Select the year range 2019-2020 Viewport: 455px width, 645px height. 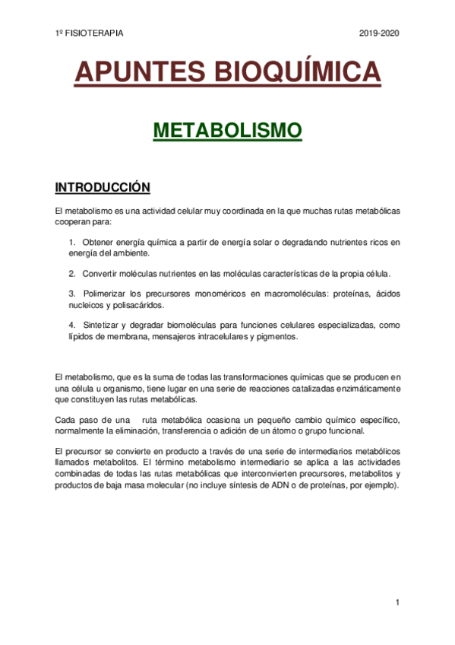pyautogui.click(x=378, y=33)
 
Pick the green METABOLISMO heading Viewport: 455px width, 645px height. pyautogui.click(x=227, y=130)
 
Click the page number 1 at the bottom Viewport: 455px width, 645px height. pyautogui.click(x=397, y=602)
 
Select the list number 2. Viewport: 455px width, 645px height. pyautogui.click(x=71, y=273)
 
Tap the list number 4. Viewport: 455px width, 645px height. pyautogui.click(x=71, y=325)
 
